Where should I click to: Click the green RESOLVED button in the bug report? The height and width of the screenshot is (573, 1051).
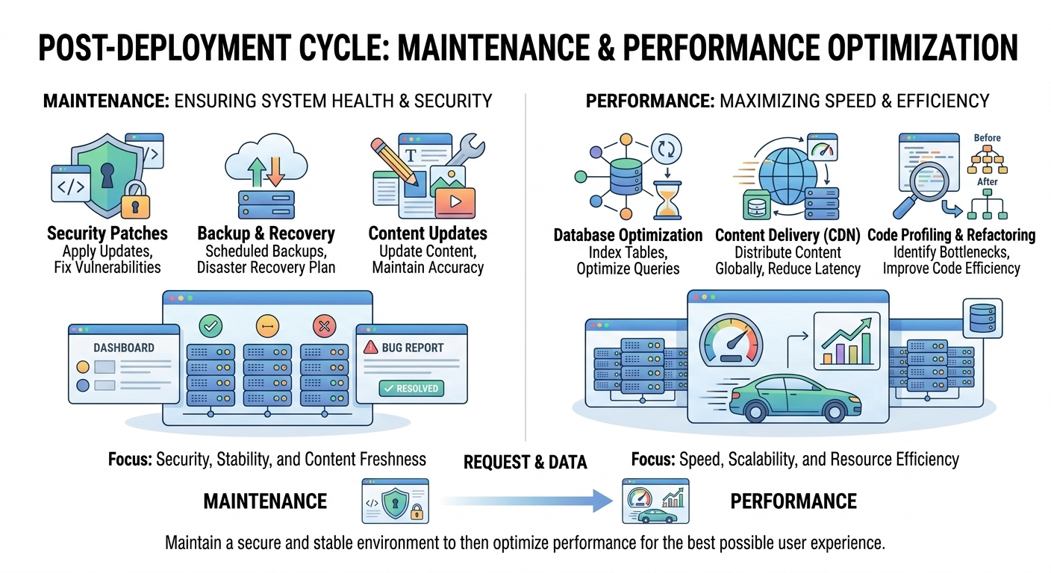click(411, 388)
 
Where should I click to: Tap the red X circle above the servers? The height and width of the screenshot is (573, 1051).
click(323, 326)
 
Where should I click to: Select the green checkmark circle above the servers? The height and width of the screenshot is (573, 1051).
click(210, 326)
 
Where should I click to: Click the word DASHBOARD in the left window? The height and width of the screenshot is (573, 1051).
click(124, 348)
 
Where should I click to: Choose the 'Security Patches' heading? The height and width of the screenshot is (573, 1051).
click(107, 234)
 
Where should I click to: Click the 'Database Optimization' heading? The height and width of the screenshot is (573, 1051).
click(628, 236)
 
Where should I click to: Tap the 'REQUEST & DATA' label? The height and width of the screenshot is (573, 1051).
click(525, 463)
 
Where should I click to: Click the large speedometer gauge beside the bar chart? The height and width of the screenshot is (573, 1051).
click(732, 343)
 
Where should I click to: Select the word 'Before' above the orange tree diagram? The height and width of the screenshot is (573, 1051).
click(987, 138)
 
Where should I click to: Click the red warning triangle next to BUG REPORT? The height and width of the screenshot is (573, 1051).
click(370, 348)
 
